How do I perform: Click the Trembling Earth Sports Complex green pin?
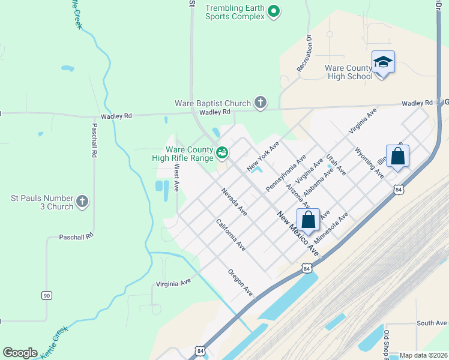coord(274,11)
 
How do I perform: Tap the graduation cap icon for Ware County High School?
coord(382,62)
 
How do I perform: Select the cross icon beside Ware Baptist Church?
coord(260,103)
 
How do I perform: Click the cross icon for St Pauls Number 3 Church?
coord(82,201)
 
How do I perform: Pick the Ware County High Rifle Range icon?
coord(222,153)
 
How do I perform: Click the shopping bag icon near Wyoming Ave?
coord(397,157)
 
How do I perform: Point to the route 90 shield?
coord(46,295)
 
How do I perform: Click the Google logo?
coord(20,353)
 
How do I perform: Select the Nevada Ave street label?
coord(234,202)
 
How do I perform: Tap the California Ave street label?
coord(231,235)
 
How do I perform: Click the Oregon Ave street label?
coord(240,282)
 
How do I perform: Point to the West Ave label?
coord(176,179)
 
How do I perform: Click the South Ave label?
coord(432,323)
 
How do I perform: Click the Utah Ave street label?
coord(336,164)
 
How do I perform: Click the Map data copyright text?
coord(423,355)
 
